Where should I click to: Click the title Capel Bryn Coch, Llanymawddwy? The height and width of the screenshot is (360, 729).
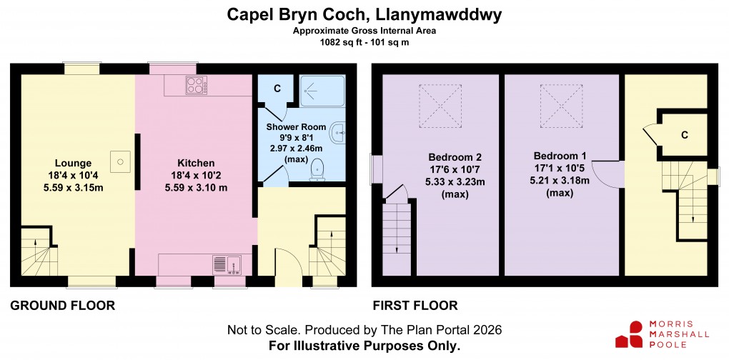[364, 14]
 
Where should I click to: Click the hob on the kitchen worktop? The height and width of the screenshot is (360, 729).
[196, 86]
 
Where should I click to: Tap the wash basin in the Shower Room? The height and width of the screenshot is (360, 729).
[338, 131]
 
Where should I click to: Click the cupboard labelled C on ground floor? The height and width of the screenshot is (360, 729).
[277, 89]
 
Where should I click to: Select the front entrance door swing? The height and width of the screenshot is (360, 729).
[284, 263]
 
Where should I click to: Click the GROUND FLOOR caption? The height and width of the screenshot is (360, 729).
[62, 306]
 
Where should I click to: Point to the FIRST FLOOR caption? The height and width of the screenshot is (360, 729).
[415, 306]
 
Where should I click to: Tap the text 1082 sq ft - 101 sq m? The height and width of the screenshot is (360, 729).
[364, 42]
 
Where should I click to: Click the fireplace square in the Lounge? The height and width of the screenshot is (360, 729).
[121, 161]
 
